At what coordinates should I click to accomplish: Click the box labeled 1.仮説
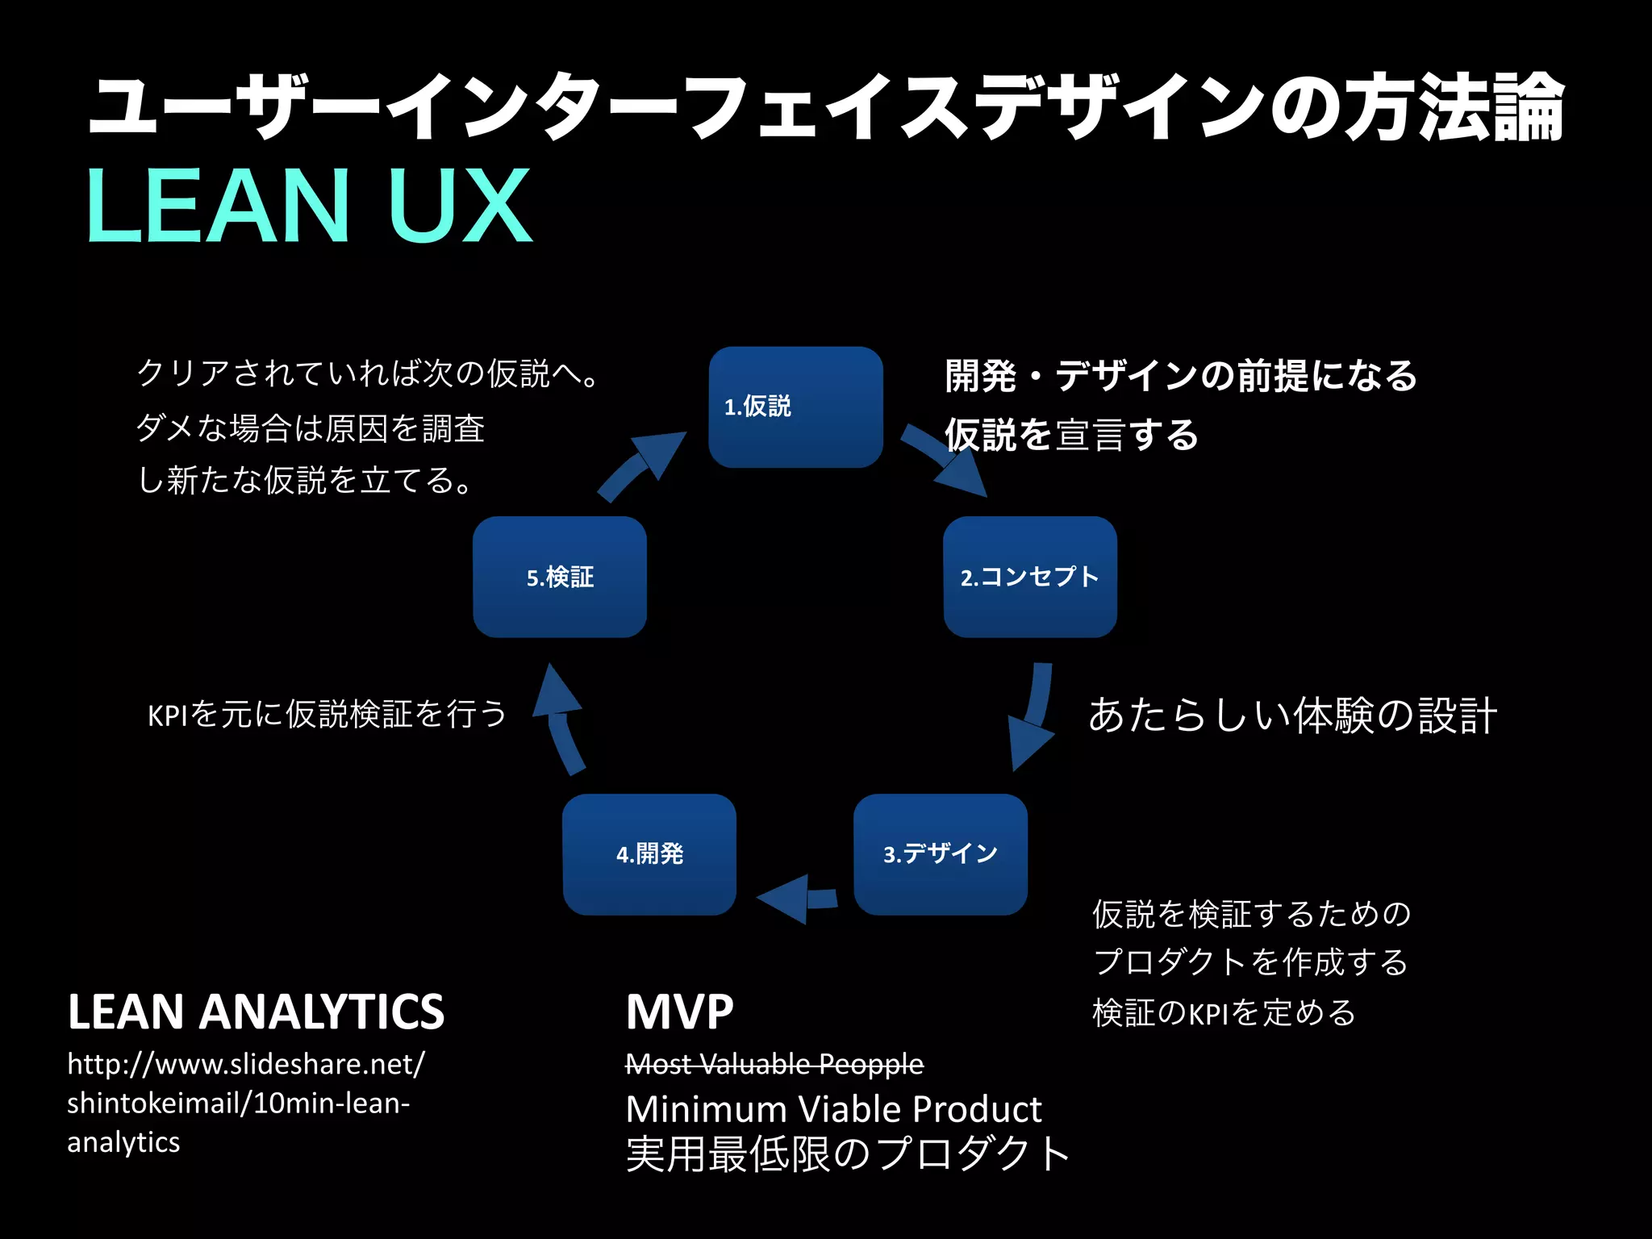pyautogui.click(x=795, y=407)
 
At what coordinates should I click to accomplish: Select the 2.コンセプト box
pyautogui.click(x=1030, y=577)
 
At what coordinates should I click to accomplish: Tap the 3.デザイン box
pyautogui.click(x=941, y=854)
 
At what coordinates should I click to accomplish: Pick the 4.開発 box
pyautogui.click(x=649, y=854)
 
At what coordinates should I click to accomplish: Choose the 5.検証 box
pyautogui.click(x=560, y=577)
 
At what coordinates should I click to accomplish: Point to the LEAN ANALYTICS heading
pyautogui.click(x=256, y=1012)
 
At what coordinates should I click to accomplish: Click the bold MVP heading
pyautogui.click(x=679, y=1012)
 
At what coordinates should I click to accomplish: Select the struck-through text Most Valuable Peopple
pyautogui.click(x=774, y=1064)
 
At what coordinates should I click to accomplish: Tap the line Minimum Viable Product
pyautogui.click(x=833, y=1109)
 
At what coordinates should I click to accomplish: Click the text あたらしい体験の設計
pyautogui.click(x=1292, y=715)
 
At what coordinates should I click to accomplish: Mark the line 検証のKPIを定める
pyautogui.click(x=1224, y=1013)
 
